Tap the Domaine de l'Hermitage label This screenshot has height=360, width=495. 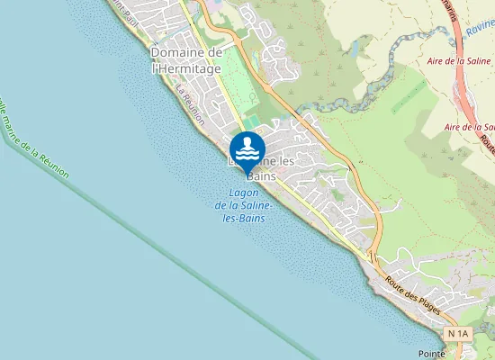pyautogui.click(x=187, y=59)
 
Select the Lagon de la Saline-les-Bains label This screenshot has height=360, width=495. pyautogui.click(x=245, y=206)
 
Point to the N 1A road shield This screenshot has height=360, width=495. pyautogui.click(x=458, y=334)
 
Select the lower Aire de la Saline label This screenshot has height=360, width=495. pyautogui.click(x=471, y=128)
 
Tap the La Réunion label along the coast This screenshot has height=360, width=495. pyautogui.click(x=191, y=104)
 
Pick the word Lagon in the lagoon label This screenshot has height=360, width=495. pyautogui.click(x=245, y=193)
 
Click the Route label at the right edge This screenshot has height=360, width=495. pyautogui.click(x=488, y=143)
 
